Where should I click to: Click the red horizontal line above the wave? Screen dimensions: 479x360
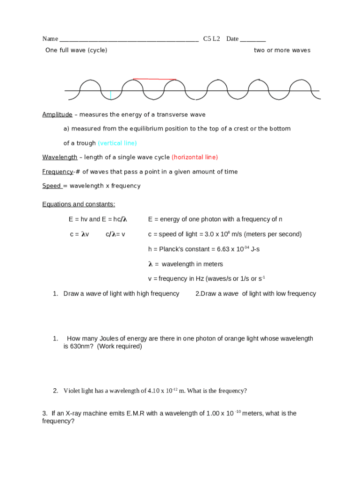coord(154,79)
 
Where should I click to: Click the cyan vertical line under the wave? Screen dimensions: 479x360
coord(110,95)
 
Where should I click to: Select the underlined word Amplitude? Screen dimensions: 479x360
coord(57,115)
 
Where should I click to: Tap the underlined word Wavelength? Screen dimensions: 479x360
coord(59,157)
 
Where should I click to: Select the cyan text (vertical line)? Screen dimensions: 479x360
coord(117,143)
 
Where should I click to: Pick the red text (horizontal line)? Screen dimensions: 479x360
coord(194,157)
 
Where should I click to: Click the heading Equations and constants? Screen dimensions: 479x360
coord(79,204)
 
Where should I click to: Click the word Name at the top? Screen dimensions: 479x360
coord(50,39)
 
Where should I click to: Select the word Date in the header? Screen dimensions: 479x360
coord(232,39)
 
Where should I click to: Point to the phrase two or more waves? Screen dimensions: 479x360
coord(282,50)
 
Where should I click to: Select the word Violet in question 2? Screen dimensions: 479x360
coord(72,391)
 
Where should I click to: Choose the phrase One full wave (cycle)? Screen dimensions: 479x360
coord(76,50)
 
